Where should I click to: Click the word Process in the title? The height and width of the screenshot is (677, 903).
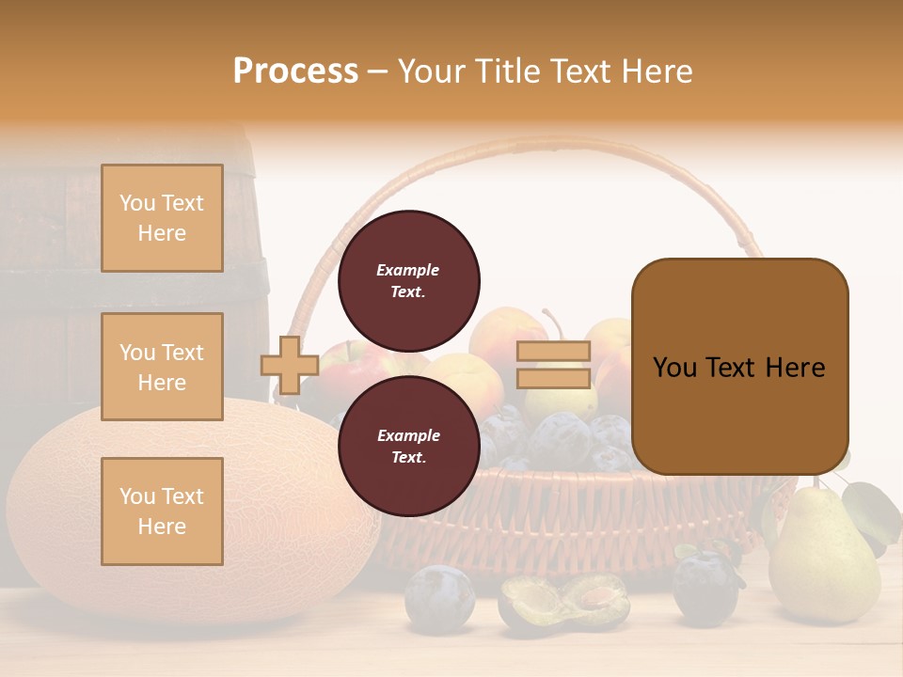coord(295,71)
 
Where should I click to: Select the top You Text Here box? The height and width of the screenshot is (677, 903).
coord(162,218)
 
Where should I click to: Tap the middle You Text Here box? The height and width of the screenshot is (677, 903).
coord(162,367)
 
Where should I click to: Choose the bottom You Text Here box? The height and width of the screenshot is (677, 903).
coord(162,512)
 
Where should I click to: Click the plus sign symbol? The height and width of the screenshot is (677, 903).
coord(290,365)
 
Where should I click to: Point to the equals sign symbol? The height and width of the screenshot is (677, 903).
coord(553,365)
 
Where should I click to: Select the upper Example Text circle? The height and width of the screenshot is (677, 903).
coord(408,280)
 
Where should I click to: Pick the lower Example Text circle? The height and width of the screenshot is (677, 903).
coord(408,446)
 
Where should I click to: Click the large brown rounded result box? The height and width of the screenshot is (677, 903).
coord(739,367)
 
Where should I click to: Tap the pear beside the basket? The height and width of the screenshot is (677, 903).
coord(823,559)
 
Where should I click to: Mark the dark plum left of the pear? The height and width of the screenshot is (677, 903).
coord(705,588)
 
